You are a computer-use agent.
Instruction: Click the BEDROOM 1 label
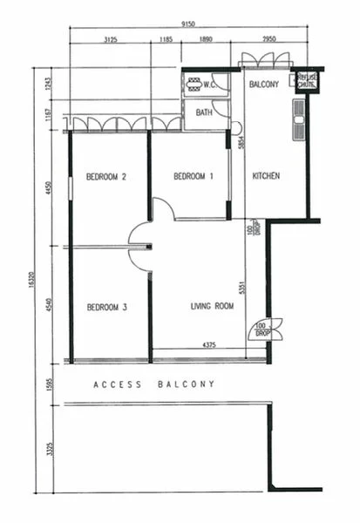tap(194, 177)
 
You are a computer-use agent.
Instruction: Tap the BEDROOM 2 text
tap(106, 177)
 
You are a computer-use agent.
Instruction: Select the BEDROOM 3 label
tap(106, 308)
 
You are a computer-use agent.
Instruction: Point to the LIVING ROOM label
tap(213, 306)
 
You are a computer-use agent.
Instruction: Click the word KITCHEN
tap(266, 176)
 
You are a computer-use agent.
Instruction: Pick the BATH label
tap(204, 112)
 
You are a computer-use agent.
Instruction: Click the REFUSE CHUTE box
tap(306, 81)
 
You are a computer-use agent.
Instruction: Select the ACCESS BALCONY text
tap(153, 384)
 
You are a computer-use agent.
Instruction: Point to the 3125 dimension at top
tap(111, 40)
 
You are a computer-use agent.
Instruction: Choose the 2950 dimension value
tap(269, 40)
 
